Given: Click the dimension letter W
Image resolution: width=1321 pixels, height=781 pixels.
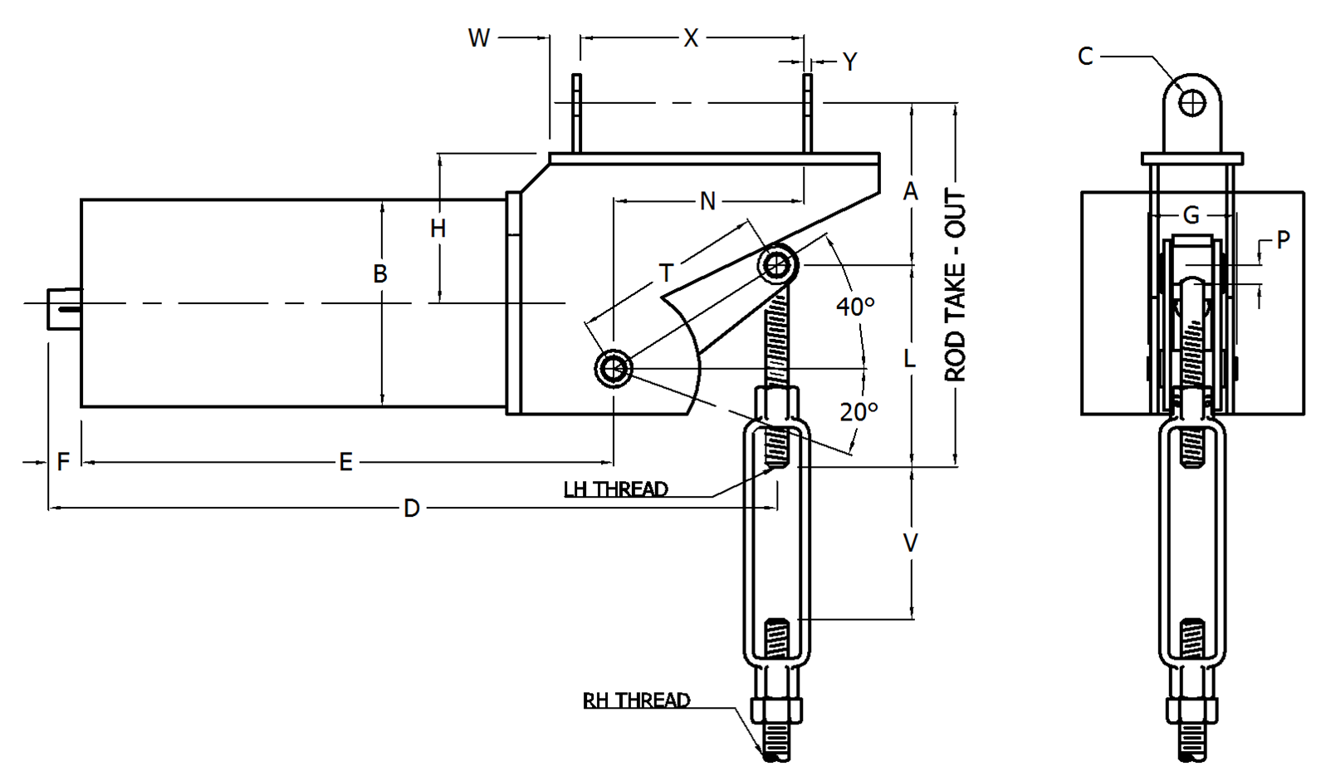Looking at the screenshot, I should [x=479, y=38].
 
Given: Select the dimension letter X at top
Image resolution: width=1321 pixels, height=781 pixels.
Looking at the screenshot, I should [x=691, y=38].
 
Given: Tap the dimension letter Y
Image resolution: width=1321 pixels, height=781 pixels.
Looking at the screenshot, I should [x=849, y=62].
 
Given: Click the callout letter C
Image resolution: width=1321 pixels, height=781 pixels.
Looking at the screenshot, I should [x=1085, y=56].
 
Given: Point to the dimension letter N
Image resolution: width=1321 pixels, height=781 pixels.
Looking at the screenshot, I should [x=707, y=201].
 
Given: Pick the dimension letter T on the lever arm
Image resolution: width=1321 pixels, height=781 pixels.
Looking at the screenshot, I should [x=666, y=273].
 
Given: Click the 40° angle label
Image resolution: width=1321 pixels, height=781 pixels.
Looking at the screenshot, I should [x=855, y=307].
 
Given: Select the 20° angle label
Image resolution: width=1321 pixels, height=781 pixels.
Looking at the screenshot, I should [x=859, y=412].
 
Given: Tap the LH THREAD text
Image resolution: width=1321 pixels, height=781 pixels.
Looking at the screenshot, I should [x=615, y=489].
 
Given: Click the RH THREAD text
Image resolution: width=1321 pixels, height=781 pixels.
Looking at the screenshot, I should [x=636, y=700].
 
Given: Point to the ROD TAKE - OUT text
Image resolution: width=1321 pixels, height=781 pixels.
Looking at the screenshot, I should [x=956, y=285].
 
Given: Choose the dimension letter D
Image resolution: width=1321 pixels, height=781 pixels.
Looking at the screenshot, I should [x=412, y=508].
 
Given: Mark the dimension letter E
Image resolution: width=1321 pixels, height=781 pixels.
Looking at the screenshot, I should [x=345, y=463].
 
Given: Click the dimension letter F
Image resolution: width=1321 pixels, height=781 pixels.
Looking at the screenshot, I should [x=63, y=462].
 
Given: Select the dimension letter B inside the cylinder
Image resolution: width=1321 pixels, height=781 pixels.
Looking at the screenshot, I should [x=380, y=274].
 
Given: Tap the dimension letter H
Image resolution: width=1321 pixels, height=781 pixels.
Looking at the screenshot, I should [x=438, y=228].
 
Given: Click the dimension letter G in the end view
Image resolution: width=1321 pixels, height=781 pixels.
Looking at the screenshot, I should [x=1191, y=216].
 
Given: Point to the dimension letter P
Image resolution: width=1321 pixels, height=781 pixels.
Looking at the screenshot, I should [x=1284, y=240].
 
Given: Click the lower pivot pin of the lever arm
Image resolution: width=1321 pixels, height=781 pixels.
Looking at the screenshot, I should [x=614, y=367].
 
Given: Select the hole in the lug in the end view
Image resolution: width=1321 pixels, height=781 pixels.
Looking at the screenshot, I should [x=1193, y=104].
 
